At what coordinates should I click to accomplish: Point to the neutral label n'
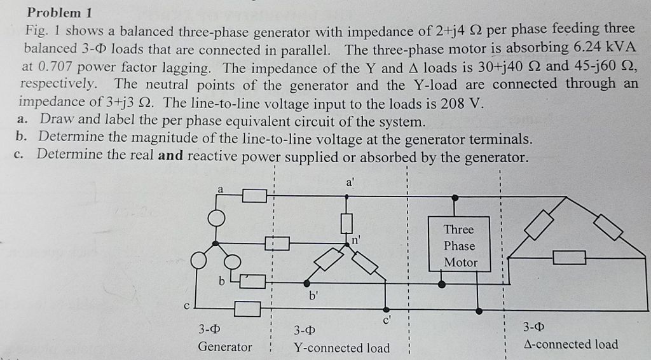coord(356,240)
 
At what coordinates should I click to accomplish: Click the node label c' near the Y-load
coord(387,320)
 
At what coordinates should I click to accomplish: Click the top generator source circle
coord(217,217)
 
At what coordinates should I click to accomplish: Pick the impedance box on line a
coord(254,195)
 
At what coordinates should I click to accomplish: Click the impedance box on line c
coord(247,308)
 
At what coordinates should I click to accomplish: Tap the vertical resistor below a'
coord(346,223)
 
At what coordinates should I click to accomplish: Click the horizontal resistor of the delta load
coord(569,257)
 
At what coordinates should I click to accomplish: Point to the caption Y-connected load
coord(341,348)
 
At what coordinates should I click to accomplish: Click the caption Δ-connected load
coord(570,344)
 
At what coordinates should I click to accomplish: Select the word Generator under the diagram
coord(225,347)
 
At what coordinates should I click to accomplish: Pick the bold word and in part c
coord(170,156)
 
